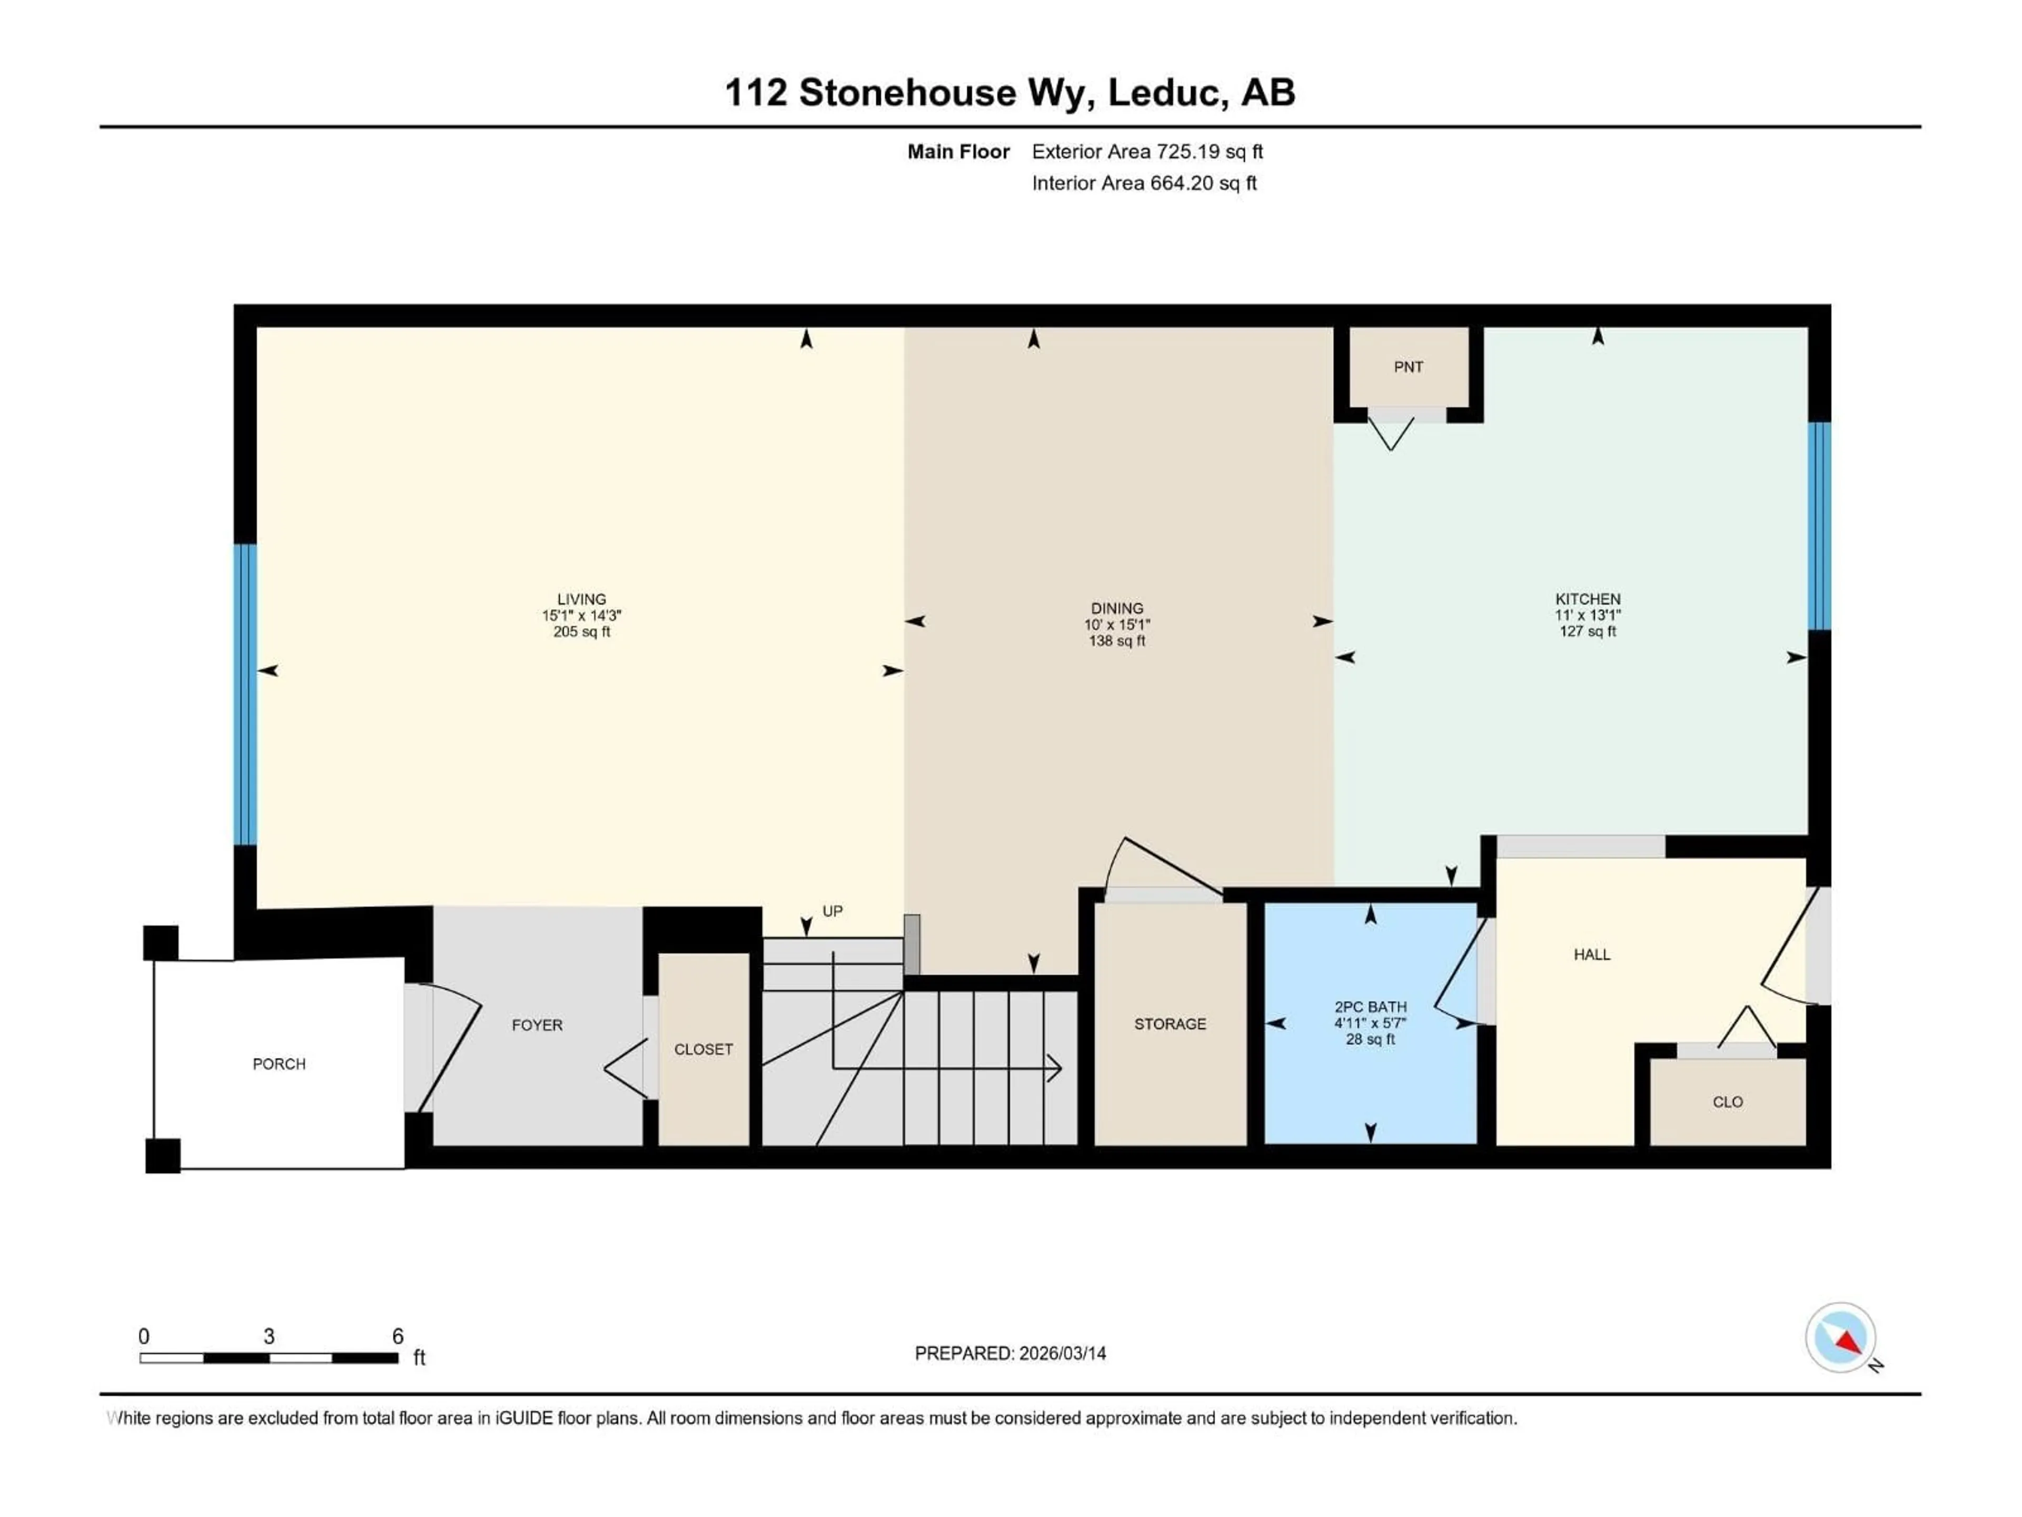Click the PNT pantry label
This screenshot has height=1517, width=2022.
pyautogui.click(x=1408, y=367)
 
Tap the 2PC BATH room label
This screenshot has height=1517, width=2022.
pyautogui.click(x=1370, y=1007)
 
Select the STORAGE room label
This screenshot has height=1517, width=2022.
pyautogui.click(x=1170, y=1024)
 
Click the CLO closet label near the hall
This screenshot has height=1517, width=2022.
pyautogui.click(x=1727, y=1102)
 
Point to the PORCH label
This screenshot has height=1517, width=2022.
pyautogui.click(x=279, y=1063)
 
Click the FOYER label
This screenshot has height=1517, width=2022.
pyautogui.click(x=537, y=1025)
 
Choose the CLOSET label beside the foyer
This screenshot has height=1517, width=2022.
pyautogui.click(x=703, y=1049)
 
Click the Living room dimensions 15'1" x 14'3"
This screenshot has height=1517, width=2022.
pyautogui.click(x=581, y=615)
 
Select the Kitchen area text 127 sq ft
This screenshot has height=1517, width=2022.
pyautogui.click(x=1588, y=631)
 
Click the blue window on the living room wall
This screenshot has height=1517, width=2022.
pyautogui.click(x=245, y=694)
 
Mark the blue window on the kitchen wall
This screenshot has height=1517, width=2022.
pyautogui.click(x=1819, y=526)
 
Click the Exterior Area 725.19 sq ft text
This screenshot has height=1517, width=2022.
pyautogui.click(x=1147, y=152)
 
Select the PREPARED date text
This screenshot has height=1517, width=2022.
pyautogui.click(x=1010, y=1353)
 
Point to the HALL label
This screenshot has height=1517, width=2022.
pyautogui.click(x=1591, y=954)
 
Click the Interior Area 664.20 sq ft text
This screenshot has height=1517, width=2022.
pyautogui.click(x=1144, y=183)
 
